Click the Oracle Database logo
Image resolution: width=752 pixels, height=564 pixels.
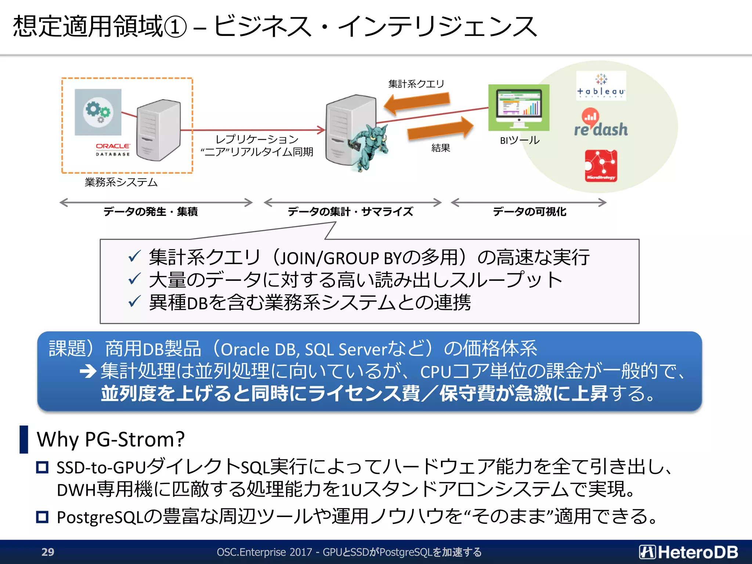[x=113, y=149]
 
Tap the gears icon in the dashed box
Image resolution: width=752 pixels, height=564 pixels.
[x=98, y=112]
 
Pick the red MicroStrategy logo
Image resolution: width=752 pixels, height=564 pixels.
[x=601, y=166]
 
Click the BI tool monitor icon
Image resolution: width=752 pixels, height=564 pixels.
[x=518, y=108]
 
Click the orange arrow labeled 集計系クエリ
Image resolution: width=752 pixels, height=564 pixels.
[x=417, y=102]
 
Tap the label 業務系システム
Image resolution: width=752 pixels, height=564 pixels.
[x=121, y=182]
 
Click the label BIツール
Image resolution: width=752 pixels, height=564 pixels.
[x=520, y=140]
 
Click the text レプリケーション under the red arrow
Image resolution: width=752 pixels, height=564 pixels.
[x=257, y=139]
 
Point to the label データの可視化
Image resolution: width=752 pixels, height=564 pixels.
[x=529, y=211]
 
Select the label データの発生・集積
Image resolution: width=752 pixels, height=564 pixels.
[x=151, y=211]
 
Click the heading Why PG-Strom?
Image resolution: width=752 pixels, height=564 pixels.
[x=111, y=439]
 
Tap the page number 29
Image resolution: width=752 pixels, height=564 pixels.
[x=48, y=552]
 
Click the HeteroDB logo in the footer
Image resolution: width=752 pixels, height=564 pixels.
[x=688, y=552]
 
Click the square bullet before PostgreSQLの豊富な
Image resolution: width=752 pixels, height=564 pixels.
[x=43, y=517]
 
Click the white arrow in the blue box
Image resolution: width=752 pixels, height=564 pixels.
[x=88, y=371]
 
